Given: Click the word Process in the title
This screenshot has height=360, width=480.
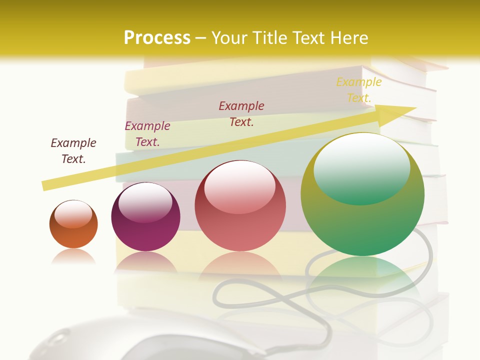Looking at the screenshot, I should [x=157, y=38].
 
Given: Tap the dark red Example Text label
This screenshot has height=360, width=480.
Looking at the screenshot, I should [x=241, y=113].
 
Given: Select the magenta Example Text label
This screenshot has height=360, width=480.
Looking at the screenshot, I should [x=147, y=134].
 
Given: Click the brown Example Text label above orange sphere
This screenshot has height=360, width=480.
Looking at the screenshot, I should [x=73, y=150].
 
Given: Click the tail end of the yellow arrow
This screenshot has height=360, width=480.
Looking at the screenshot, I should [x=46, y=185].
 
